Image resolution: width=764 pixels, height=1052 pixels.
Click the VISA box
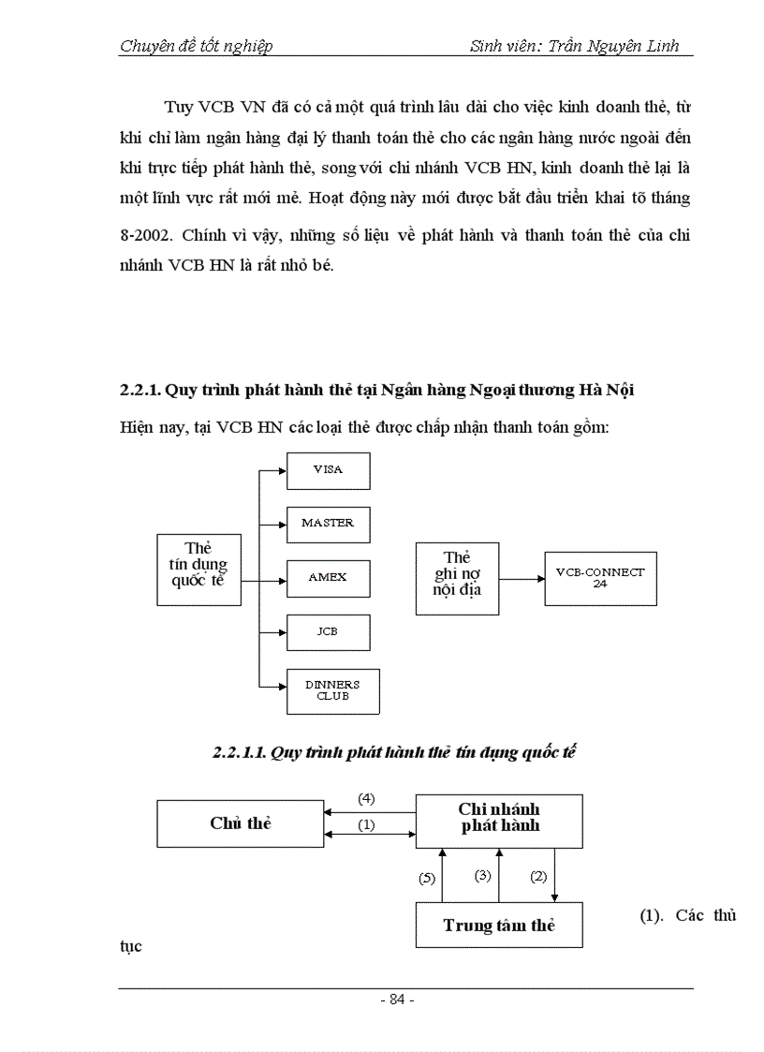328,470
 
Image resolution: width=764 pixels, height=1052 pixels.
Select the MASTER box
328,524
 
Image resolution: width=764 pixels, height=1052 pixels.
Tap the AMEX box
328,578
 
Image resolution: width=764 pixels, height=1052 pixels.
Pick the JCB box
328,632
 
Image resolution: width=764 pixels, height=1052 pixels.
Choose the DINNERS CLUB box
332,691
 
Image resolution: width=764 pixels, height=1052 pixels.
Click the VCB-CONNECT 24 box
599,578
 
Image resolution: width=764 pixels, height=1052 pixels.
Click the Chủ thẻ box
240,823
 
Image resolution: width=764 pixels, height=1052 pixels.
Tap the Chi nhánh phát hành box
499,818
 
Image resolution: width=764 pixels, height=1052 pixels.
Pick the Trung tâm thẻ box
499,926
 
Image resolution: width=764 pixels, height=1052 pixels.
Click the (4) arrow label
367,798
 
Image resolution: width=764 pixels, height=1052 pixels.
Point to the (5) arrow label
427,878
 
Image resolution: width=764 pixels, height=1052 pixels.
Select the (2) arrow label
538,877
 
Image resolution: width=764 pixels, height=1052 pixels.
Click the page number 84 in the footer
397,1000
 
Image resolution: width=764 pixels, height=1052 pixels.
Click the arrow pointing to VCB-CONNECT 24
521,578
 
